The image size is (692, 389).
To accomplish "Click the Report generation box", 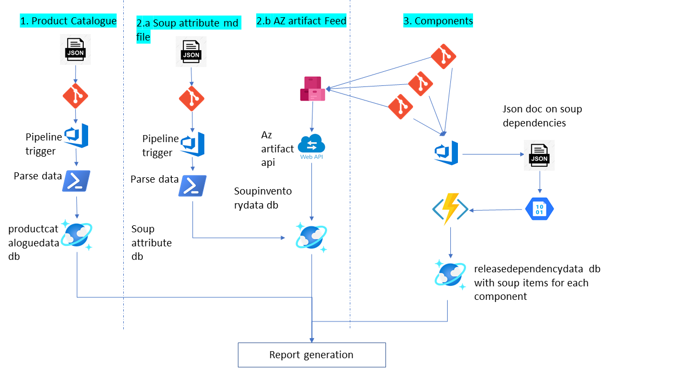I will tap(311, 355).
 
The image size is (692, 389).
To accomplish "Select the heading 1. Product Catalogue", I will tap(68, 21).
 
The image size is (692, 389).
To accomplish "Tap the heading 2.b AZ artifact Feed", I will tap(301, 21).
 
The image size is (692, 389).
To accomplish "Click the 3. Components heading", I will tap(438, 21).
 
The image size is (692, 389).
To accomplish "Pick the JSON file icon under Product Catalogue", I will tap(75, 50).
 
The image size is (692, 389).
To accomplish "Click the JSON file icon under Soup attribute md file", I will tap(191, 52).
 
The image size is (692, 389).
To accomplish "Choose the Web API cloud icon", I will tap(311, 146).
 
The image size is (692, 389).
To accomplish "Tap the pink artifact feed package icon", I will tap(312, 89).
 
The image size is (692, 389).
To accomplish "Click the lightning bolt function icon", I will tap(450, 209).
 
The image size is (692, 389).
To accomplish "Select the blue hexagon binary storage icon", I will tap(540, 209).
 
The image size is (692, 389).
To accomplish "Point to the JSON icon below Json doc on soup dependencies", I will tap(539, 155).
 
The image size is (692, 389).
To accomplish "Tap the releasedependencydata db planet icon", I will tap(450, 274).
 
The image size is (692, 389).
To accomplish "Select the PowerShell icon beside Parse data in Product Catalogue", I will tap(76, 181).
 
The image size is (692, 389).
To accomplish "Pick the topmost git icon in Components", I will tap(443, 56).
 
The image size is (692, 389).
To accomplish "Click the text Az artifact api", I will tap(277, 148).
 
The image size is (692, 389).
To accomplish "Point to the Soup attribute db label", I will tap(151, 243).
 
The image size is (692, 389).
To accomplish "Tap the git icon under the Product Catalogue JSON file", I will tap(75, 96).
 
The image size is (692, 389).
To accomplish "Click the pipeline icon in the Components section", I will tap(447, 153).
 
